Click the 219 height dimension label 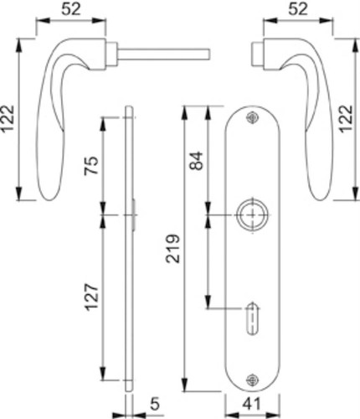[x=172, y=249]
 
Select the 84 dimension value [x=196, y=160]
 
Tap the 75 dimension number [x=91, y=165]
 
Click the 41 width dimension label [x=251, y=404]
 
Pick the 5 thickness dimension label [x=155, y=404]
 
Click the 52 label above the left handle [x=71, y=9]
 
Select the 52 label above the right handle [x=298, y=9]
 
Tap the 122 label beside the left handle [x=8, y=118]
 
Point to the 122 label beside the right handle [x=347, y=118]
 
